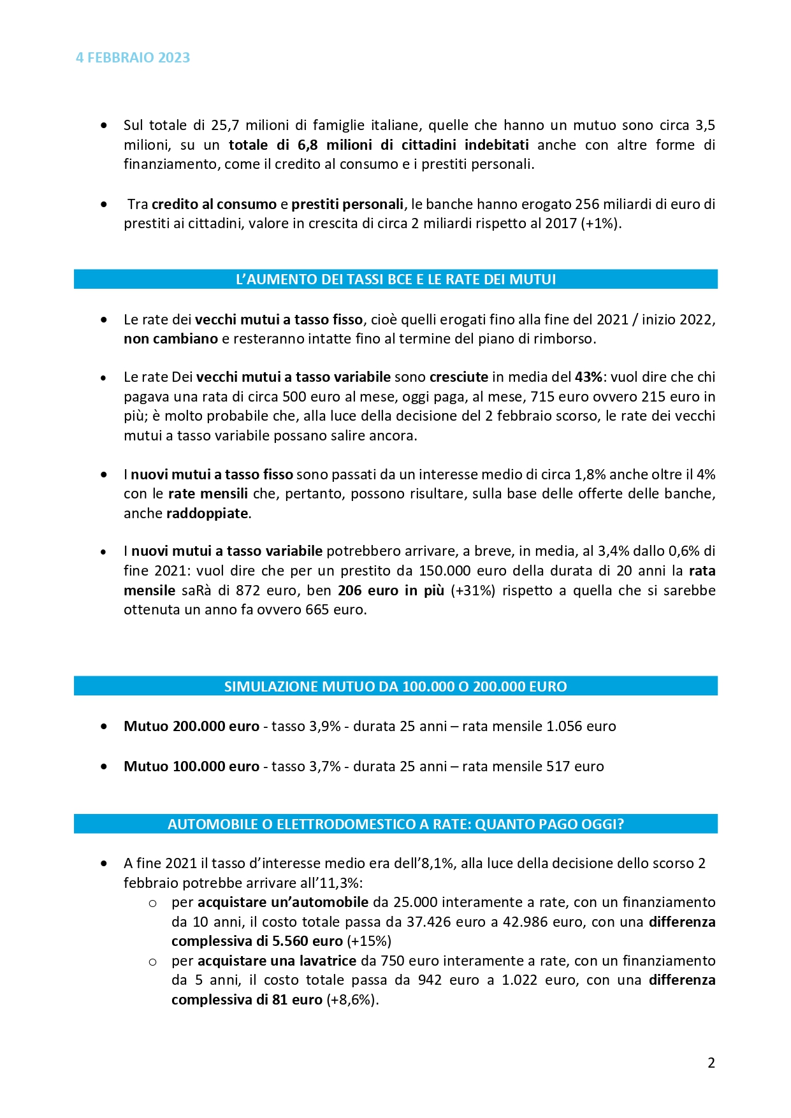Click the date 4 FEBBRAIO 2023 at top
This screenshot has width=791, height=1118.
pos(133,58)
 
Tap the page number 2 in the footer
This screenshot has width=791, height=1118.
pos(711,1063)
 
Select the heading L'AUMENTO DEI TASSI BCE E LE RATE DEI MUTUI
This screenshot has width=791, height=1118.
pos(395,279)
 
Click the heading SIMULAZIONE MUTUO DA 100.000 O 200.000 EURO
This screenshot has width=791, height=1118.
pos(395,686)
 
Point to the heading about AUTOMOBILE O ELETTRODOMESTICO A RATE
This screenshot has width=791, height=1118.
pos(395,824)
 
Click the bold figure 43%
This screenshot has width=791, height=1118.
pos(588,377)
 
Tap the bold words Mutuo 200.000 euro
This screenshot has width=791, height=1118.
pos(191,726)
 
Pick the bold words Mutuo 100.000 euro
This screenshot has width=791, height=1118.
pos(191,766)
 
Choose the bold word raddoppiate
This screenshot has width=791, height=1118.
pos(207,513)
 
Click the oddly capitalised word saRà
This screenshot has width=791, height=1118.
pos(198,590)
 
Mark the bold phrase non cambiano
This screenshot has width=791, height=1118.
pos(171,338)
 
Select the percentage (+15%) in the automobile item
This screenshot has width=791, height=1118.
pos(369,941)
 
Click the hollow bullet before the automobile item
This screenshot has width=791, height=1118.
pos(152,903)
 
